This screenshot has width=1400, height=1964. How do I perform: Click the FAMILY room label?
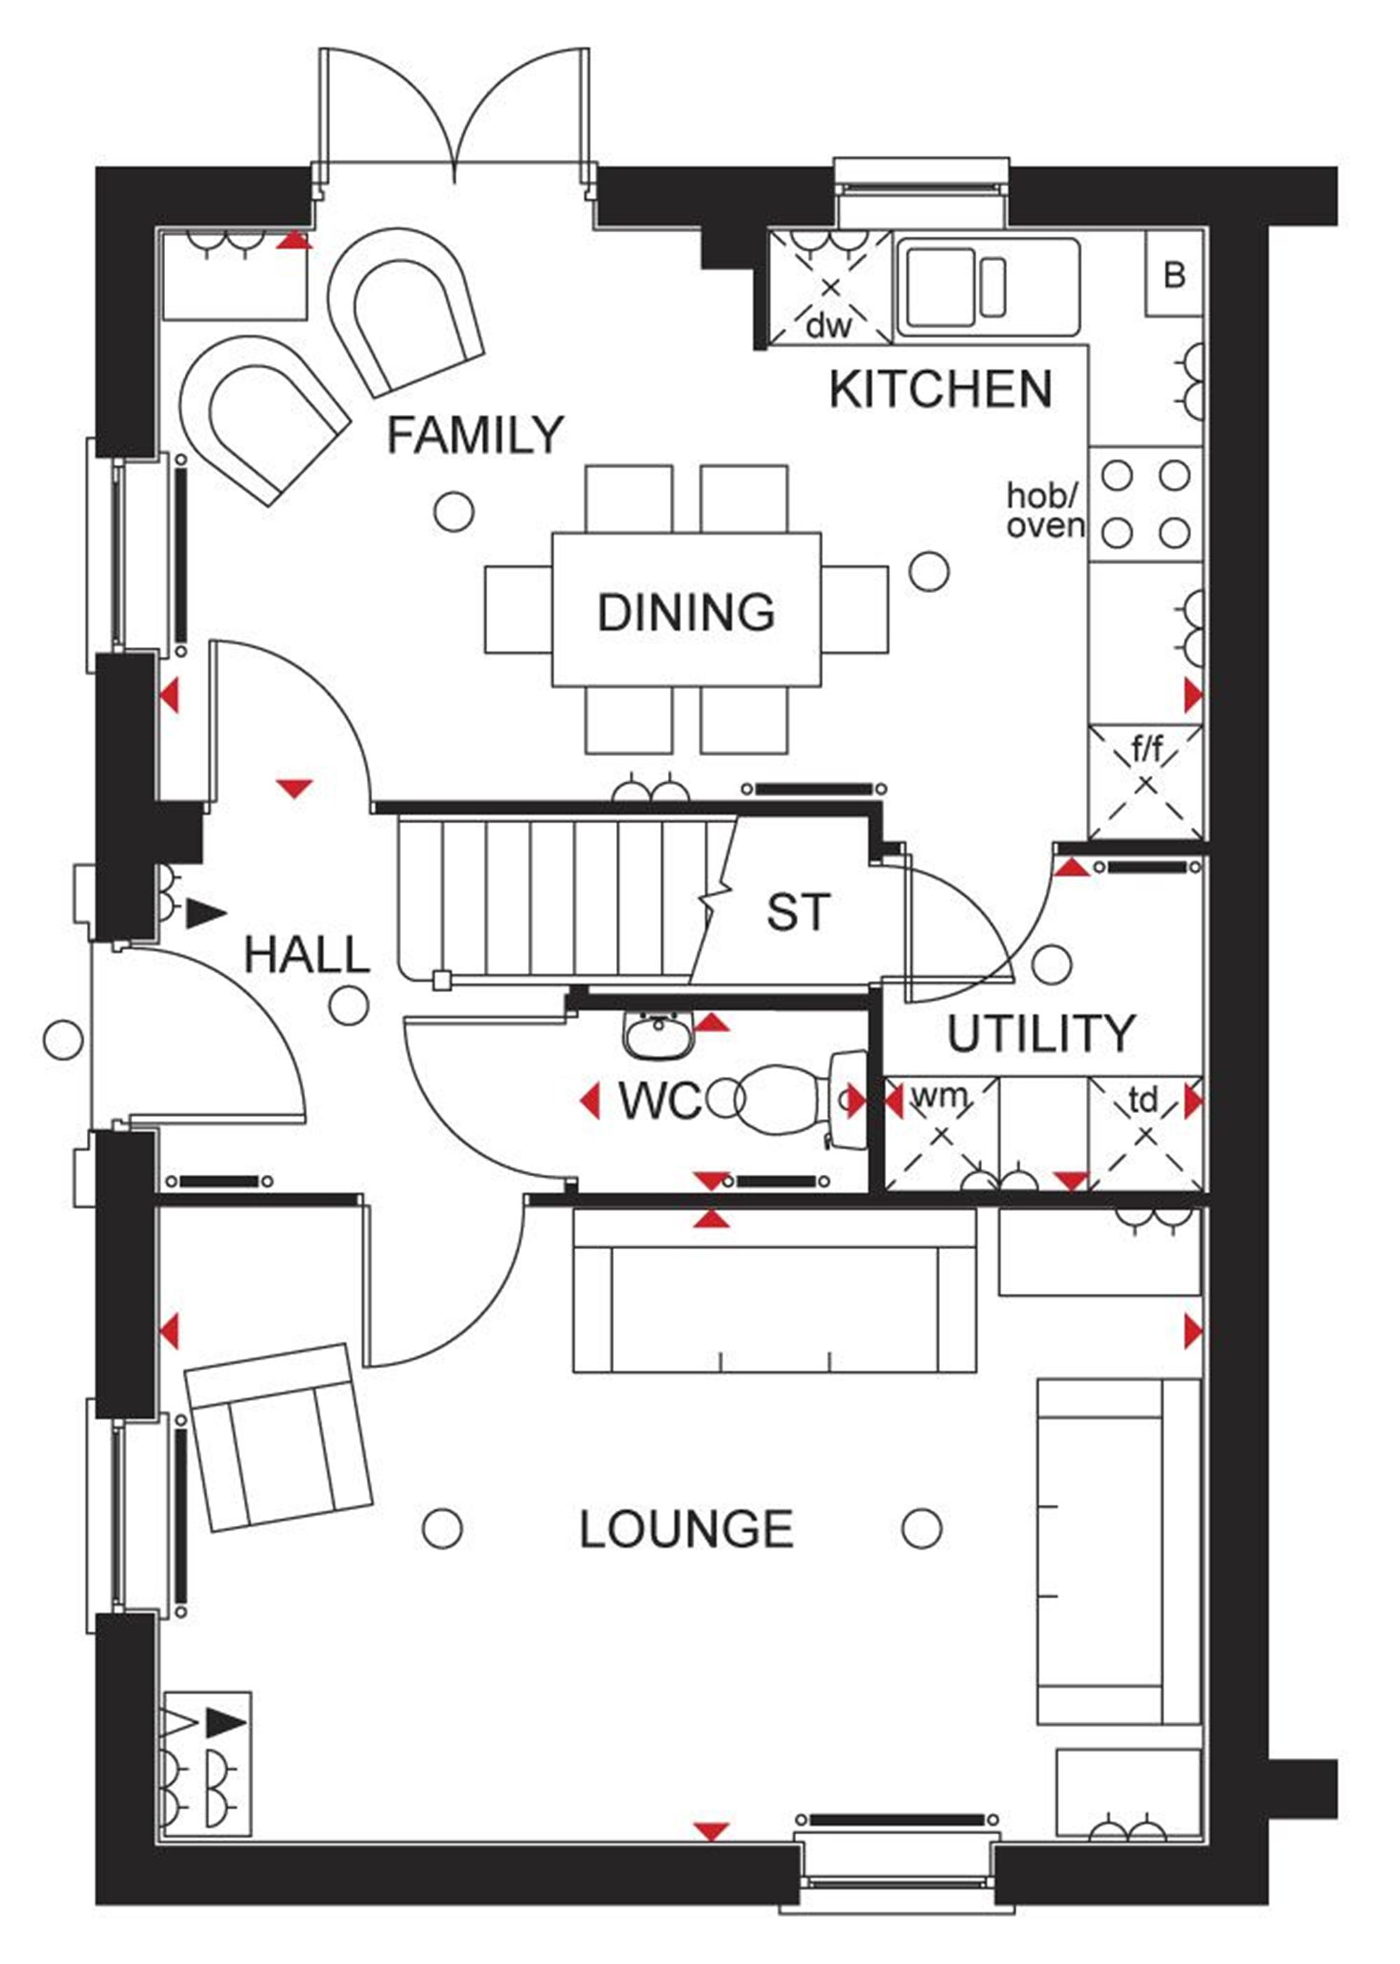(x=475, y=435)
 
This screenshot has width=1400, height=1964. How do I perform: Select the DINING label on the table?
(x=686, y=612)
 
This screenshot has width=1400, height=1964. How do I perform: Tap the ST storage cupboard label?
(x=798, y=912)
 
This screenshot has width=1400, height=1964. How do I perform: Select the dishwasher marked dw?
(x=830, y=287)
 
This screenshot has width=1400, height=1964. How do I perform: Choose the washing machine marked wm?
(x=941, y=1134)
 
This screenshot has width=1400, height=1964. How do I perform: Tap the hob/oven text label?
(x=1046, y=510)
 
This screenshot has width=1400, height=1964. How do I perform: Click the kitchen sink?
(x=988, y=286)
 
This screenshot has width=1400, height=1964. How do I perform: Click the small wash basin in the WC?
(x=659, y=1035)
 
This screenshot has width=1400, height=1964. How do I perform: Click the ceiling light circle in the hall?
(x=349, y=1005)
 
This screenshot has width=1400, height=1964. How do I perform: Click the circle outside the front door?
(x=63, y=1039)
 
